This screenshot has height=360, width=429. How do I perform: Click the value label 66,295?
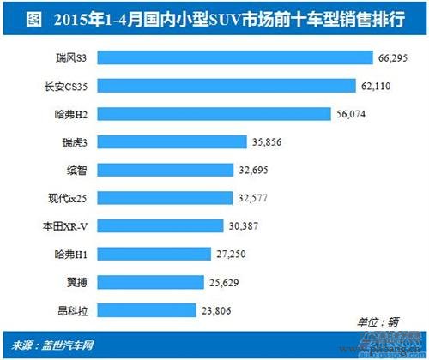click(393, 58)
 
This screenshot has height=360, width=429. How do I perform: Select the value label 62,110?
click(376, 86)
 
